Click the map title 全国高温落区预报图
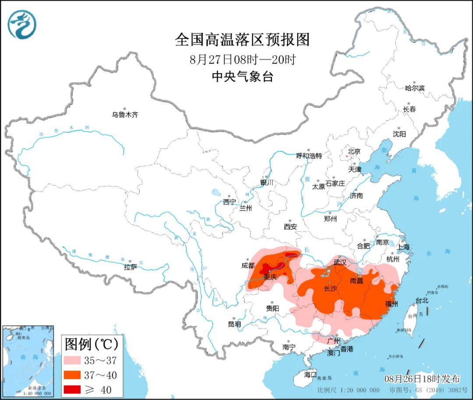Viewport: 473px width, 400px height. click(242, 40)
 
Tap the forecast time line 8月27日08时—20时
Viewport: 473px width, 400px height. click(243, 60)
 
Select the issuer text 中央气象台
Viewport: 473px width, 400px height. click(242, 77)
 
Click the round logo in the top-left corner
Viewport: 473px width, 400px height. click(22, 24)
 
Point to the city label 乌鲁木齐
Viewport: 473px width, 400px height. click(125, 115)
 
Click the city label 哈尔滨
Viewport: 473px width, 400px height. click(414, 88)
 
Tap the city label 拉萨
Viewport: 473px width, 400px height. click(130, 267)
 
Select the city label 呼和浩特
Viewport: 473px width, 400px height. click(309, 156)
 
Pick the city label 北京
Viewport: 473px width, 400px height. click(353, 151)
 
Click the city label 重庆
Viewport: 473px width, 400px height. click(271, 277)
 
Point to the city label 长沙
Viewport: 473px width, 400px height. click(330, 289)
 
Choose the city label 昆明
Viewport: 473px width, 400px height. click(234, 324)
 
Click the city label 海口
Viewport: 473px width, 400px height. click(310, 375)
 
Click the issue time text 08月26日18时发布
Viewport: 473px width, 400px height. click(422, 379)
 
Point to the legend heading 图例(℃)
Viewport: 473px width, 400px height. click(91, 344)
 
